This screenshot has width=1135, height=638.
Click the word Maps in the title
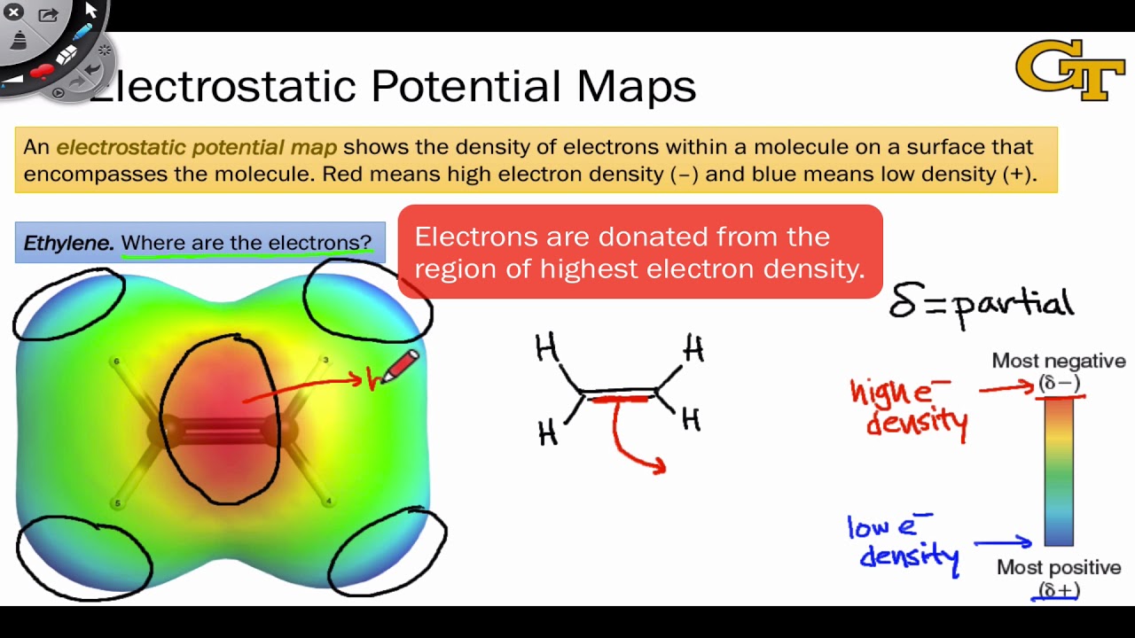click(x=636, y=87)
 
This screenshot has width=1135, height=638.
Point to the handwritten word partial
click(x=1013, y=305)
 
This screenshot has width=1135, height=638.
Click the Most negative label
click(x=1058, y=361)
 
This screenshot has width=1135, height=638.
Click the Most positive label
click(x=1058, y=567)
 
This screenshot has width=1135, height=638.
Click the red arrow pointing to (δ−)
click(x=1006, y=388)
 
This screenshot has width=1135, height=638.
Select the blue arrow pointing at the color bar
click(x=1003, y=542)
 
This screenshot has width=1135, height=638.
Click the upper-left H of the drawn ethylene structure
click(x=546, y=348)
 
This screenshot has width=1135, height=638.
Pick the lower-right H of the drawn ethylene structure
click(x=691, y=419)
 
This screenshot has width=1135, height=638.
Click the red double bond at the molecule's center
click(x=222, y=432)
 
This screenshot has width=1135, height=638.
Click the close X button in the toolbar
click(x=13, y=12)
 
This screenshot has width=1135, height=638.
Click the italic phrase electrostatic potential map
click(x=196, y=147)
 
